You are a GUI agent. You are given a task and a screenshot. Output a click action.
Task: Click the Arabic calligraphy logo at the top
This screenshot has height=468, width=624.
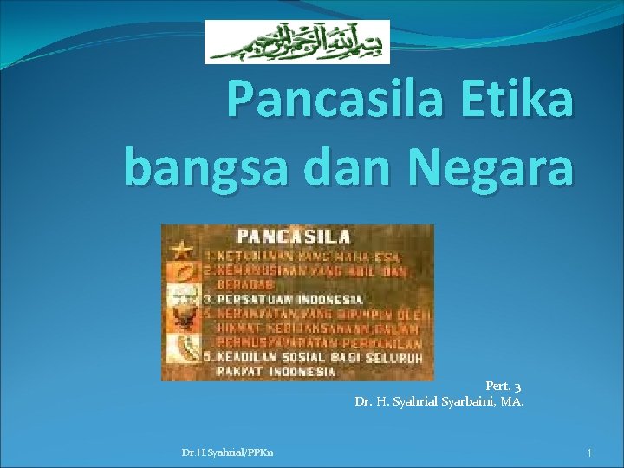click(x=296, y=42)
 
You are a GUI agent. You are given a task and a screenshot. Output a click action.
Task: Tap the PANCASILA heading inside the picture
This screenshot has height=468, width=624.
click(x=294, y=236)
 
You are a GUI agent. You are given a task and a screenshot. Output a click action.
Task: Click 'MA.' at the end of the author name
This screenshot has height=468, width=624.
click(x=512, y=401)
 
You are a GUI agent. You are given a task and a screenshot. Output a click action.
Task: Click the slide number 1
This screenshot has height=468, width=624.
click(x=588, y=452)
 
